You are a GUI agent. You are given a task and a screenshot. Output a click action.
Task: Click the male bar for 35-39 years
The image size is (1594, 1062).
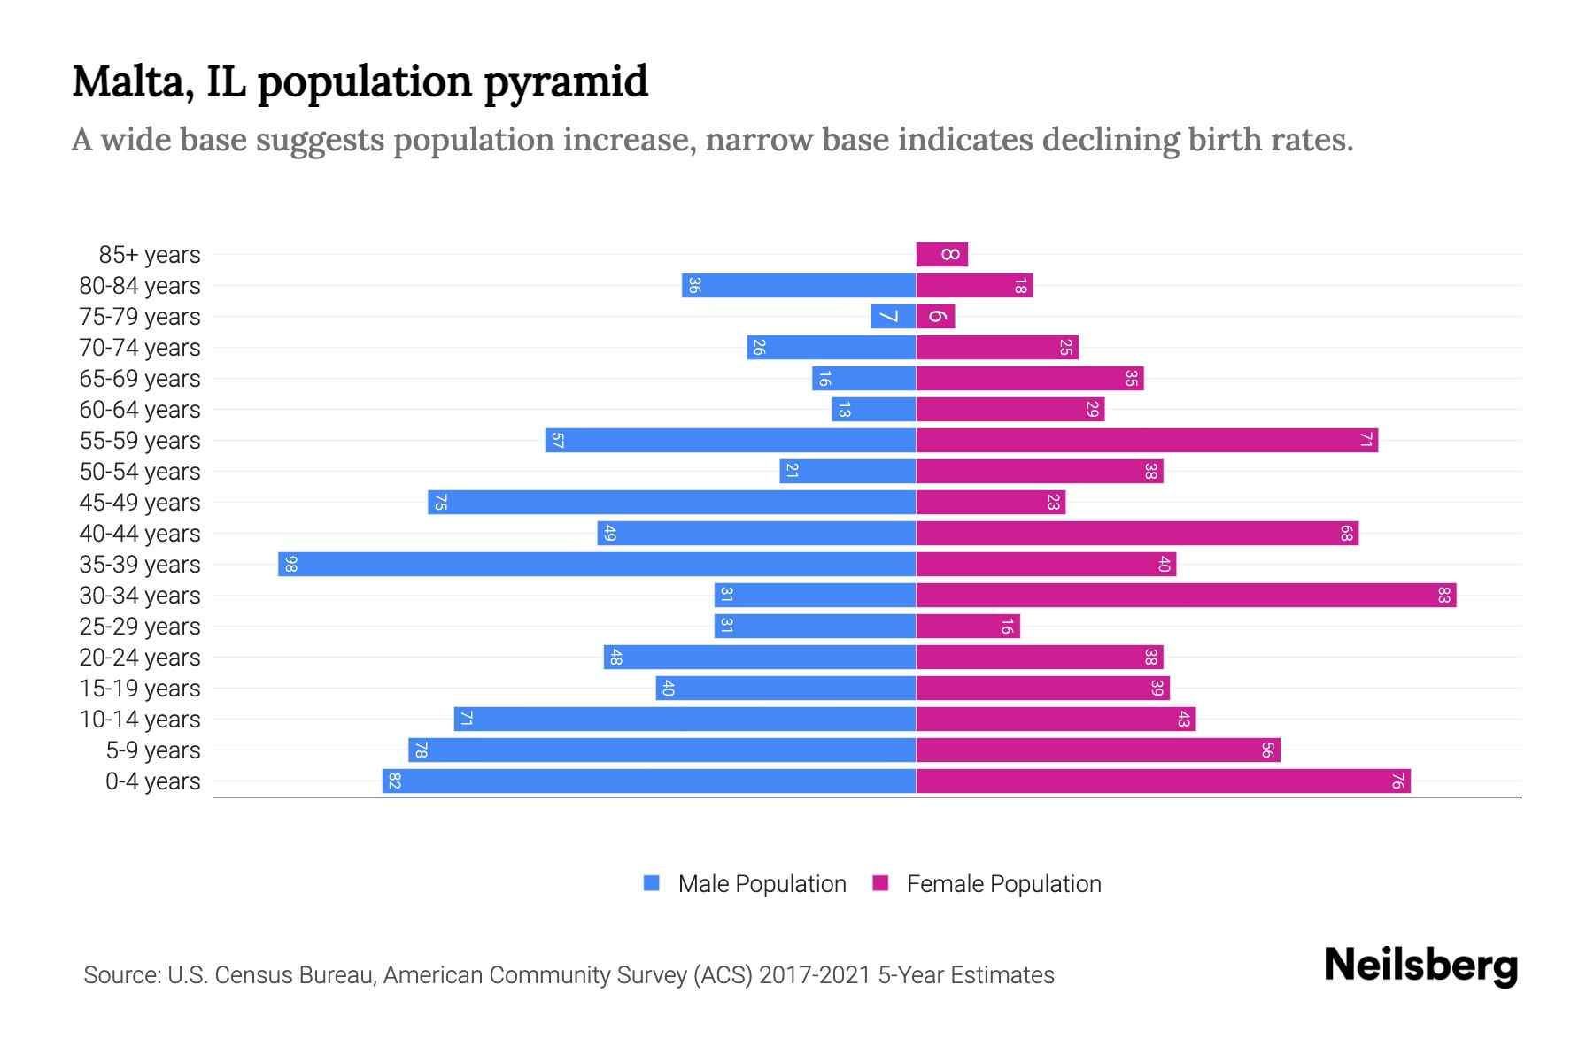597,565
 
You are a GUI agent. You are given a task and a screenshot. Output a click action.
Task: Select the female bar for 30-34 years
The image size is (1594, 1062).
1186,596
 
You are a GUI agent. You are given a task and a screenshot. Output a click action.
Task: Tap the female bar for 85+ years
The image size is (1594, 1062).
941,255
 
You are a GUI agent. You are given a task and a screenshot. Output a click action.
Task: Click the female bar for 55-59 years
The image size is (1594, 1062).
1147,441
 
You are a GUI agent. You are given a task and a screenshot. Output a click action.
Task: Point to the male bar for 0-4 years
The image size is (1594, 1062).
649,781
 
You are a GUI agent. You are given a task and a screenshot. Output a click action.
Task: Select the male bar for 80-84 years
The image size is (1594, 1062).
799,286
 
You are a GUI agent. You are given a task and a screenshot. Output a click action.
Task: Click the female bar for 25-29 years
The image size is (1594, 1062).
968,627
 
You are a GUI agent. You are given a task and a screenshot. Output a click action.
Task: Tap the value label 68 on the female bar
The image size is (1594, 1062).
1346,534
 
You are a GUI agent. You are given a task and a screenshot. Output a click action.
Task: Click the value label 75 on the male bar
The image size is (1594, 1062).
440,503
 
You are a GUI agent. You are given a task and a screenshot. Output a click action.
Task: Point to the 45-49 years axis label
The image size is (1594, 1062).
140,503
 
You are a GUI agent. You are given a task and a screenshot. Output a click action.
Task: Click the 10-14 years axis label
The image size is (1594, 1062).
140,720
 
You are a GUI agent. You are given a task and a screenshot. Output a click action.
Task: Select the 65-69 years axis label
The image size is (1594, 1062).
140,379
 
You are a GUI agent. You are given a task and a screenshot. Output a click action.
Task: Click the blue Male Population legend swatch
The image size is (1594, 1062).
652,883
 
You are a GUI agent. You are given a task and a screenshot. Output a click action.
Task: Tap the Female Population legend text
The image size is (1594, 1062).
1003,884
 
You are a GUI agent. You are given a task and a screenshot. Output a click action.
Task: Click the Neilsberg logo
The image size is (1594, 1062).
1420,966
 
